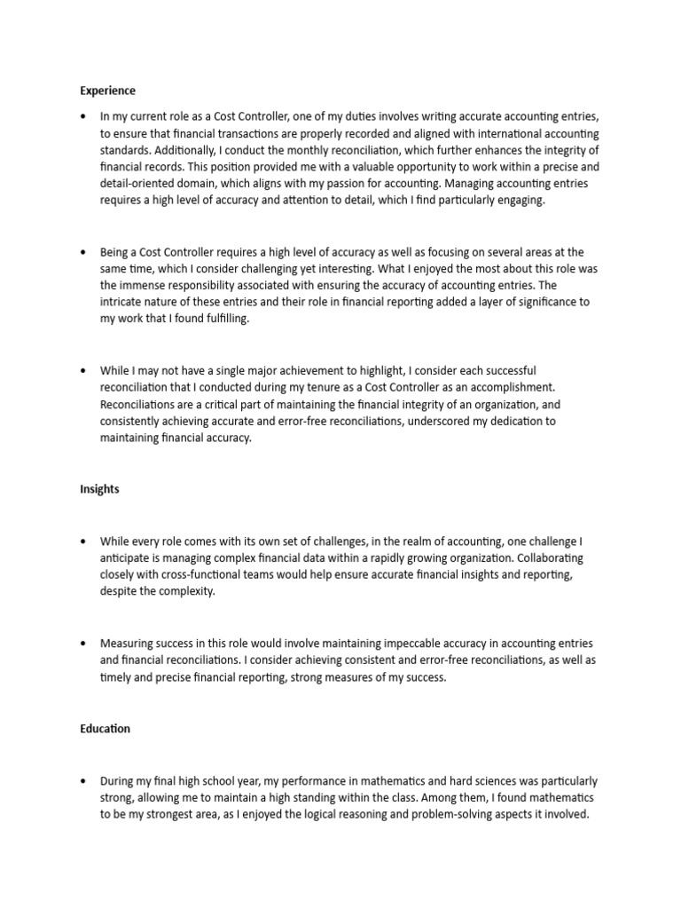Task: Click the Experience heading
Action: click(107, 91)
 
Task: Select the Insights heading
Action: click(99, 489)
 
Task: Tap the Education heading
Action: click(105, 729)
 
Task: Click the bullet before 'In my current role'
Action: click(83, 116)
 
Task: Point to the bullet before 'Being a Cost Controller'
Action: click(83, 254)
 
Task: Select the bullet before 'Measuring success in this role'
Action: click(83, 644)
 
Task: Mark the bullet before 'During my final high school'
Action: click(83, 781)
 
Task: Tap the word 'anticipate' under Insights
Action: click(127, 559)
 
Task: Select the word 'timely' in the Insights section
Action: click(117, 677)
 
